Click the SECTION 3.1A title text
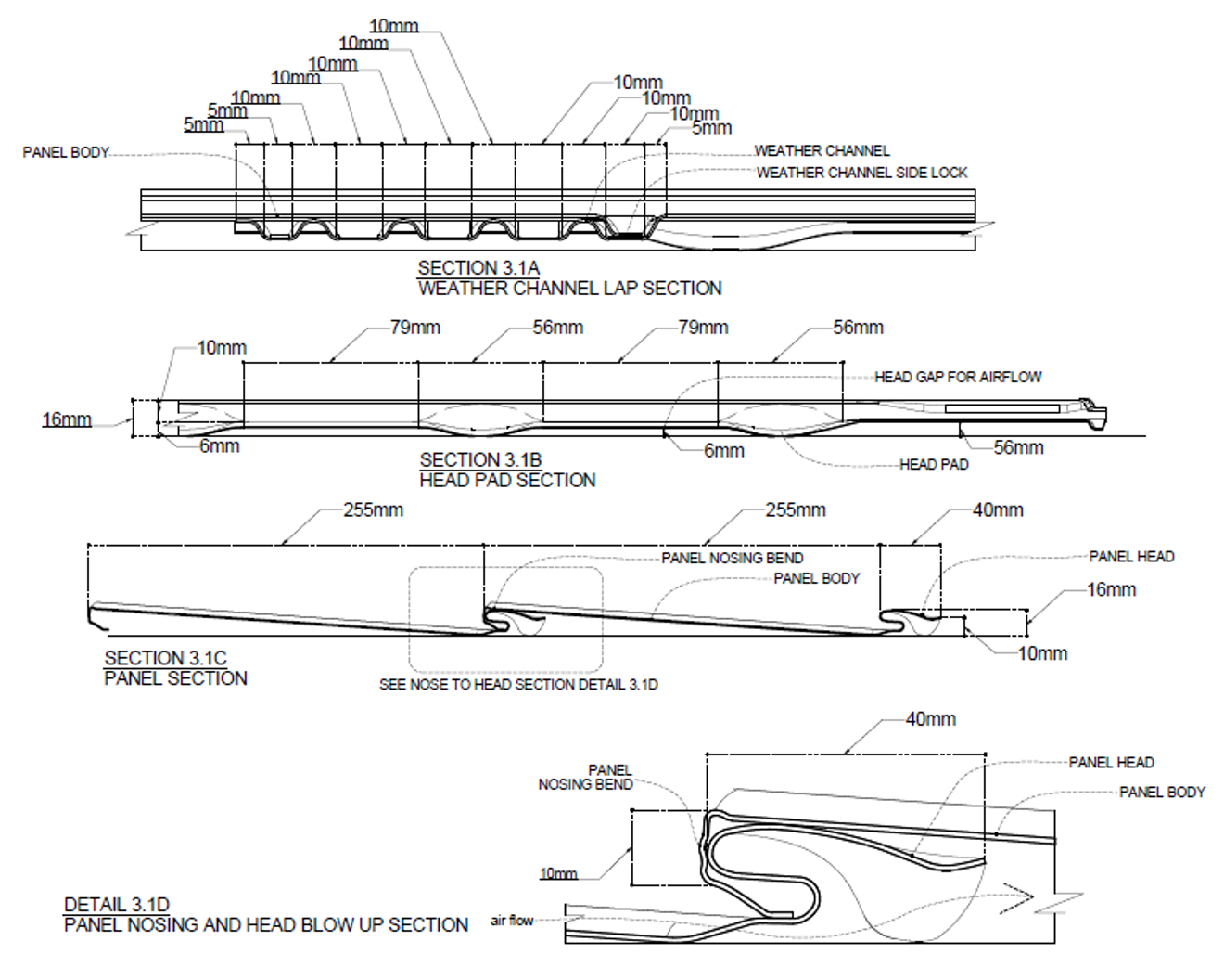tap(478, 268)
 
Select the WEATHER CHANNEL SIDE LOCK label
tap(861, 173)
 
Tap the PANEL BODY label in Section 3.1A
tap(66, 152)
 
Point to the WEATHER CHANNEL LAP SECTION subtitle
tap(569, 289)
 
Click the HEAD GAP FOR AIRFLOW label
tap(958, 377)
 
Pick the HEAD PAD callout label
tap(934, 464)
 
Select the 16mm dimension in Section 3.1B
tap(67, 420)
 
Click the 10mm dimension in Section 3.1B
tap(222, 348)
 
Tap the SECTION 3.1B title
tap(480, 460)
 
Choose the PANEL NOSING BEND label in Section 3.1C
tap(733, 558)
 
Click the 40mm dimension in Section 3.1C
tap(998, 510)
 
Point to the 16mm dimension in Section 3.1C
tap(1111, 589)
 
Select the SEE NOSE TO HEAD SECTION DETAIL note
tap(518, 685)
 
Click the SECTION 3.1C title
tap(165, 658)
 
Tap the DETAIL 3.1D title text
tap(117, 905)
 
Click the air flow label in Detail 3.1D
tap(512, 921)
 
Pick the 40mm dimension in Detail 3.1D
tap(930, 719)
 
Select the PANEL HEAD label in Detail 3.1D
tap(1111, 763)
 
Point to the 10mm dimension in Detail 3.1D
tap(558, 874)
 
